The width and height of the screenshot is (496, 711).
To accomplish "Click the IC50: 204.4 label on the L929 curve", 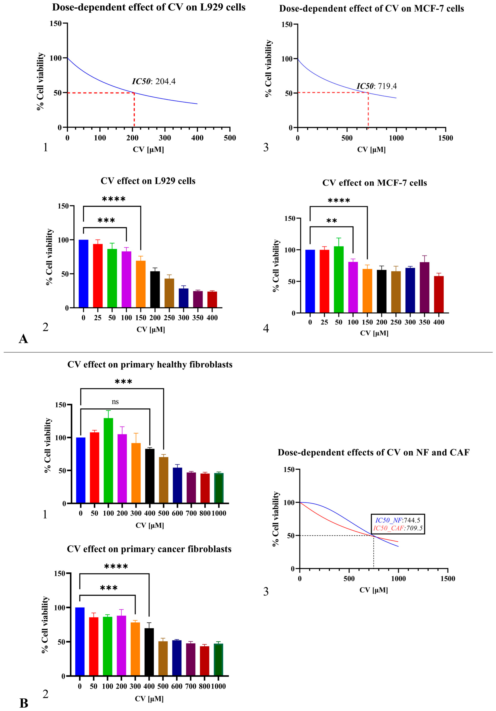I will click(154, 82).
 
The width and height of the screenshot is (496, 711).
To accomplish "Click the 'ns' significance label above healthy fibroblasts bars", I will click(115, 402).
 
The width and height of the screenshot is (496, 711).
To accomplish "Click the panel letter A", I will click(23, 339).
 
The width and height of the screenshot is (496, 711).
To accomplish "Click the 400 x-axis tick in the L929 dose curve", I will click(197, 138).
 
